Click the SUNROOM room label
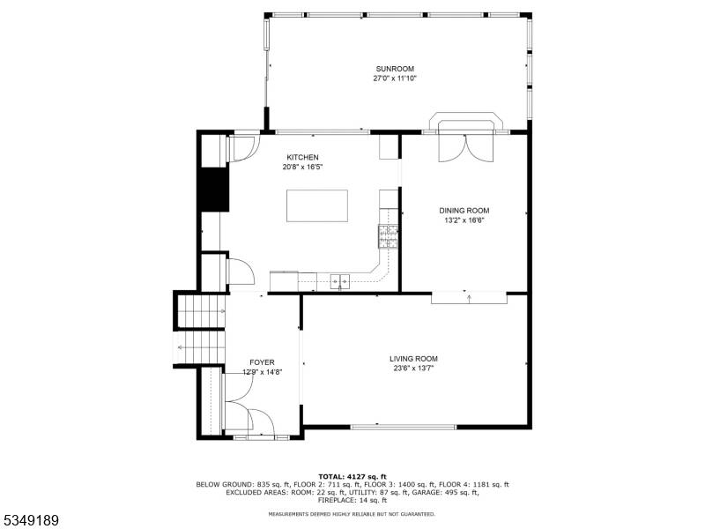click(x=395, y=69)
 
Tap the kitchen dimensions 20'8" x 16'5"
click(x=302, y=167)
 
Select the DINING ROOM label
click(x=464, y=211)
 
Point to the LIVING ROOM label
click(x=413, y=359)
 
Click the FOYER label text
click(x=262, y=362)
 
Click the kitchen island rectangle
click(x=317, y=205)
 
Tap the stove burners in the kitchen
click(x=388, y=236)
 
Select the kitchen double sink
click(x=340, y=281)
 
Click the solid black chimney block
click(x=214, y=189)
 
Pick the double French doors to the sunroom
click(x=466, y=147)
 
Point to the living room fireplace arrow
click(x=470, y=298)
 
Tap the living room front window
click(x=404, y=427)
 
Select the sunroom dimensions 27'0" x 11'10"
click(x=395, y=78)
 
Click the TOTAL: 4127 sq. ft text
click(x=352, y=476)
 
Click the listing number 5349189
click(x=30, y=520)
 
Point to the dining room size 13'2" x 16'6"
click(x=464, y=220)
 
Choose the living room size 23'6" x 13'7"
click(x=413, y=368)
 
